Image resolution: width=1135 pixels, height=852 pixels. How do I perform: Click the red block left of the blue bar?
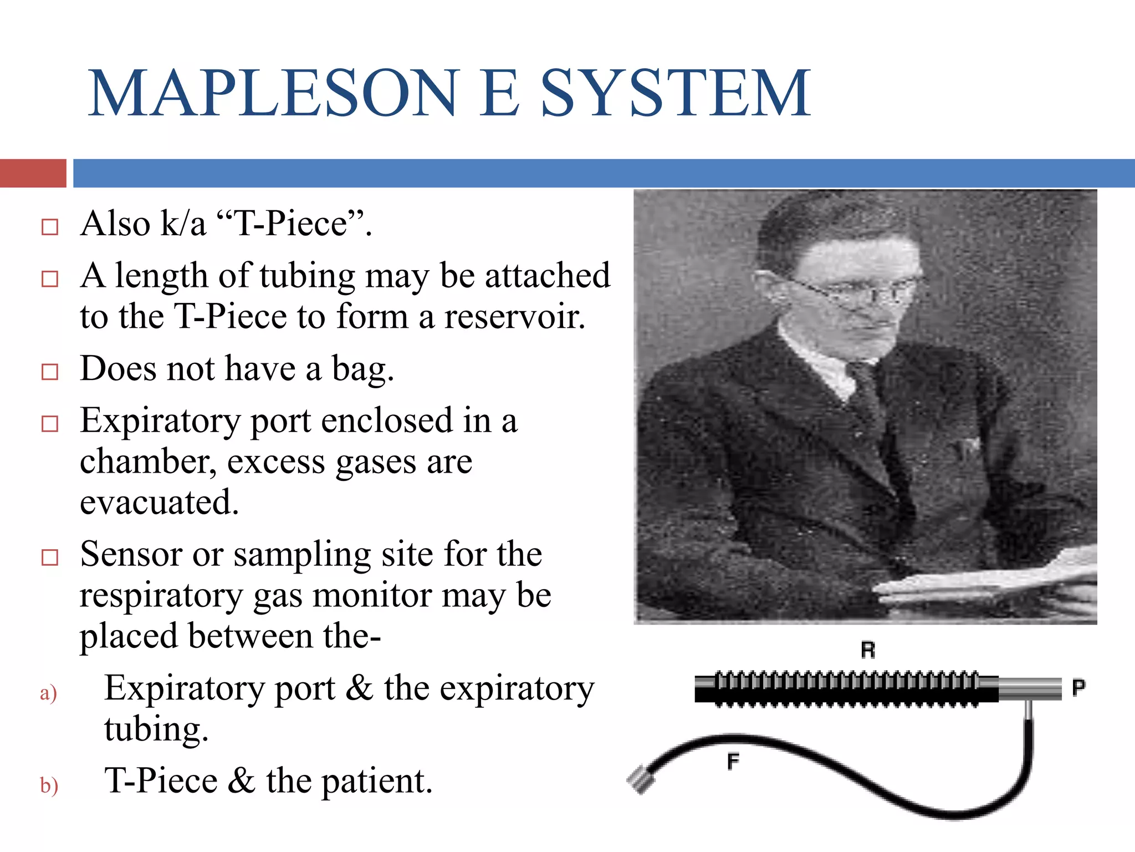pos(33,173)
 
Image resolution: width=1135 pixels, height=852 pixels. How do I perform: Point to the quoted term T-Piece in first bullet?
pos(290,224)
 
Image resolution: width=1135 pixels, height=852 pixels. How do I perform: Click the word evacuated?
pos(159,503)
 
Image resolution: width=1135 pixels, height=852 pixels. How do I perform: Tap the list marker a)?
pos(48,693)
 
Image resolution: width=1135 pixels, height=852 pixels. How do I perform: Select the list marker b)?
pos(49,785)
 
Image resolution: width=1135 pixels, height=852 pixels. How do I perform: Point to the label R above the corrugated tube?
pos(868,650)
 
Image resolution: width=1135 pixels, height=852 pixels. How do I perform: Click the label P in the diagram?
pos(1078,688)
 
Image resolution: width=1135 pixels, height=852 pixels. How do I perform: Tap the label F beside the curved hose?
pos(733,762)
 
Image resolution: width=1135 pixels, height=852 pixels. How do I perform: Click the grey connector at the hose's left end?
pos(641,779)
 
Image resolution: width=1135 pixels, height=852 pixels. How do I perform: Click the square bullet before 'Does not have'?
pos(50,372)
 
